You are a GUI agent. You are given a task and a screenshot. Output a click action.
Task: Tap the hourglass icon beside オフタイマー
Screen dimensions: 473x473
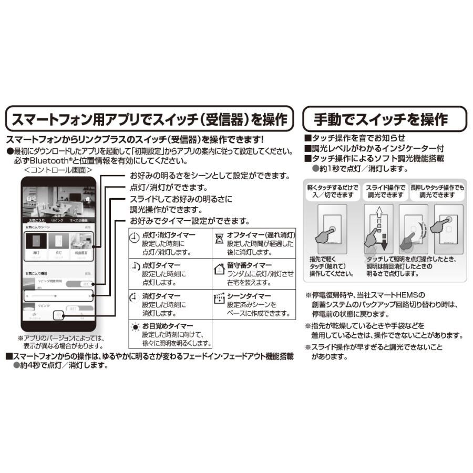pos(219,237)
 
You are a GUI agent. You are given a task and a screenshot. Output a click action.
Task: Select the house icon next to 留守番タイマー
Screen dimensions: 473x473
pos(219,269)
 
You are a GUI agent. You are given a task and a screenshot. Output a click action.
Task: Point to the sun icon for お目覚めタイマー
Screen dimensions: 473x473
pos(135,328)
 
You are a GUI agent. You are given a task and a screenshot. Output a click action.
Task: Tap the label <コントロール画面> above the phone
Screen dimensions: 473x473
pos(58,171)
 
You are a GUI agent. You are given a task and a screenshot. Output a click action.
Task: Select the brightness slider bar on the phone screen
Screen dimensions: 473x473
pos(58,296)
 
